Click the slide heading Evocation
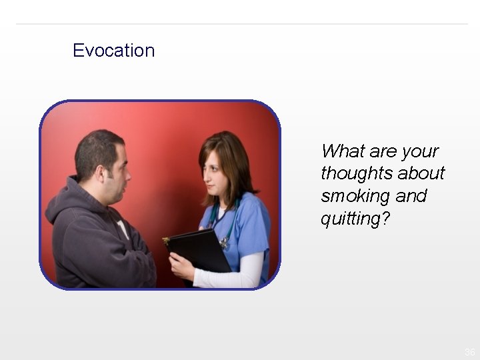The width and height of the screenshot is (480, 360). click(113, 51)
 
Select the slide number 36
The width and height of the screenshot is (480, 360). click(469, 351)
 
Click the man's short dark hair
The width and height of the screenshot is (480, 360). click(97, 147)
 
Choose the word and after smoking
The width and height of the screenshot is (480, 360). click(411, 197)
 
